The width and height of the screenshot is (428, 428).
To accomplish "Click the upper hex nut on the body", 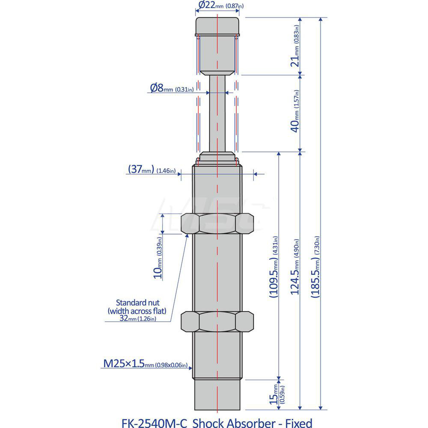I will pos(217,223).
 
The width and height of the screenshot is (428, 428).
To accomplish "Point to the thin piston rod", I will pos(217,113).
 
